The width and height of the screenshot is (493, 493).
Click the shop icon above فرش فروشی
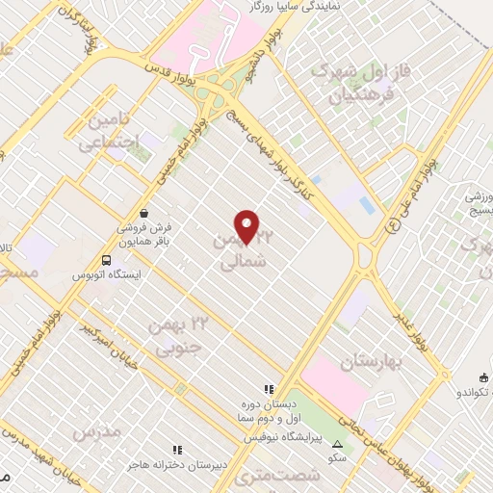[x=143, y=212]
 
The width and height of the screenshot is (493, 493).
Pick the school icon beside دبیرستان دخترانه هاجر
[x=176, y=450]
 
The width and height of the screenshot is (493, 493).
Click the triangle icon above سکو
[x=338, y=444]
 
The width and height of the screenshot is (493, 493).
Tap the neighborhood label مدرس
[x=96, y=432]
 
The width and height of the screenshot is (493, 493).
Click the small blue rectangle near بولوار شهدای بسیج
[x=366, y=205]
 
